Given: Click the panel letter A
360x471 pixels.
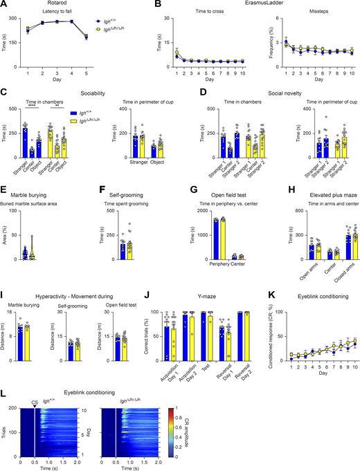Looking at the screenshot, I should pyautogui.click(x=4, y=5).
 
